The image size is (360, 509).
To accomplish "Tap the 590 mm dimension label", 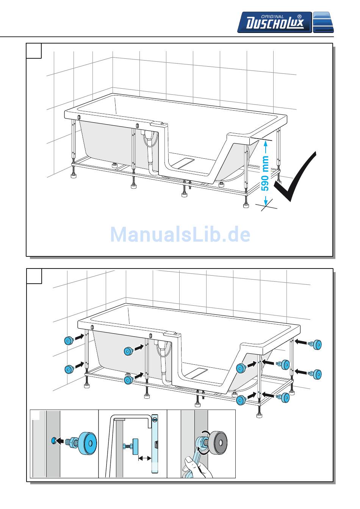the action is [x=266, y=173].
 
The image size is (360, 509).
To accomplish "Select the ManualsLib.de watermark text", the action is [x=180, y=234].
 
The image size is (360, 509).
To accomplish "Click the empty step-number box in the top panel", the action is [x=34, y=51].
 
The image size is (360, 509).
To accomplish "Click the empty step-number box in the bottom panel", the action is [x=34, y=276].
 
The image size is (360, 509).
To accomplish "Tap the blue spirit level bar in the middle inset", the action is [x=154, y=443].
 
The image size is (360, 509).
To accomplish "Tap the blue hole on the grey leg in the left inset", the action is [x=53, y=440].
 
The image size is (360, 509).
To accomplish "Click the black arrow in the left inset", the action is [x=61, y=441].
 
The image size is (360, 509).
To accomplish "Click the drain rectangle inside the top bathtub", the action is [x=184, y=162].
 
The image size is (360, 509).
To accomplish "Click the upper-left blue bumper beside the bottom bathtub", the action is [x=69, y=340].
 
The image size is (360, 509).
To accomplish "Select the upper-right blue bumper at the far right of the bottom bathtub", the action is [x=317, y=345].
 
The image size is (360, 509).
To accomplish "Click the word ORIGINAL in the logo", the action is [x=272, y=16].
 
